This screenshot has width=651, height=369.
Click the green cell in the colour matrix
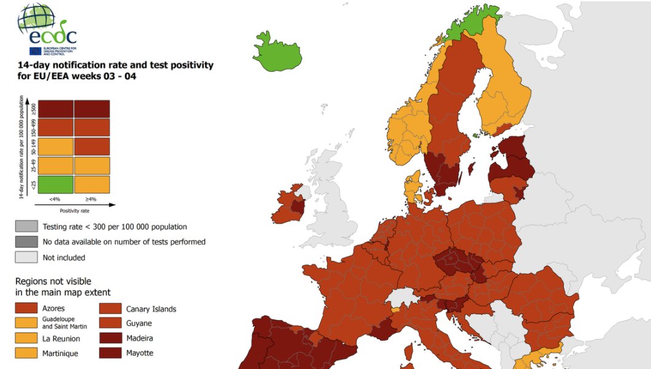pos(56,184)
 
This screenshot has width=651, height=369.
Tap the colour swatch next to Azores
pos(26,308)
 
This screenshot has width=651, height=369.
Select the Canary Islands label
pos(151,309)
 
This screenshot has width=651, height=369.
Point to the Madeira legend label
pos(140,338)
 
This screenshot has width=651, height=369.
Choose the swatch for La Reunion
pos(26,338)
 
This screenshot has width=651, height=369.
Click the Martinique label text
pos(61,354)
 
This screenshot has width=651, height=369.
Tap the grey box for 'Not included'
pos(26,257)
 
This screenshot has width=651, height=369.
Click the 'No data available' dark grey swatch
pos(26,242)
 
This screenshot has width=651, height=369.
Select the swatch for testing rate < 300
pos(26,227)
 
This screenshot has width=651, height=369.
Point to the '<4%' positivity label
pos(56,200)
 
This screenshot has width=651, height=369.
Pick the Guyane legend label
pos(139,324)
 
